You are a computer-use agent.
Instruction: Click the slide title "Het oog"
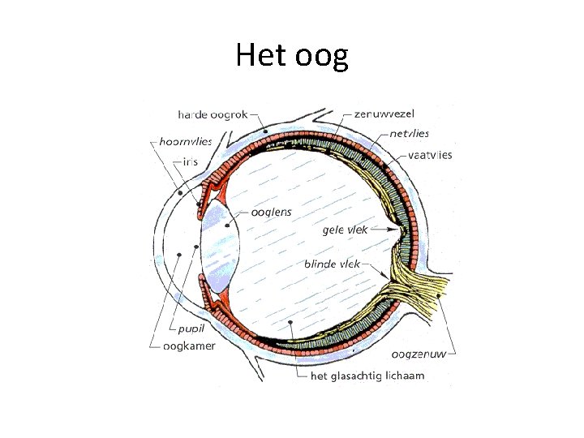pyautogui.click(x=292, y=55)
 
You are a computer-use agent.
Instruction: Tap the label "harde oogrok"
pyautogui.click(x=213, y=114)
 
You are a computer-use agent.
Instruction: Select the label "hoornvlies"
pyautogui.click(x=186, y=141)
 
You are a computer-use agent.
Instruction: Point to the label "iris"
pyautogui.click(x=190, y=161)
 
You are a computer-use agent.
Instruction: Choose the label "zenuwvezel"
pyautogui.click(x=384, y=114)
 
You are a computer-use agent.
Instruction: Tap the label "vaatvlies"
pyautogui.click(x=431, y=155)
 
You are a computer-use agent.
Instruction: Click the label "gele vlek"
pyautogui.click(x=345, y=230)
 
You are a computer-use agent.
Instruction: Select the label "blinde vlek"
pyautogui.click(x=332, y=264)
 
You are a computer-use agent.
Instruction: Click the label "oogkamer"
pyautogui.click(x=189, y=346)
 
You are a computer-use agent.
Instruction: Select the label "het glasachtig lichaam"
pyautogui.click(x=367, y=376)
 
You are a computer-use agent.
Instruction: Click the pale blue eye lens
pyautogui.click(x=217, y=243)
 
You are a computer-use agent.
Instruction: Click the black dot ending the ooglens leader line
pyautogui.click(x=227, y=225)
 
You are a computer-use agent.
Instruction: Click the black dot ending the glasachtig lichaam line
pyautogui.click(x=290, y=323)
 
